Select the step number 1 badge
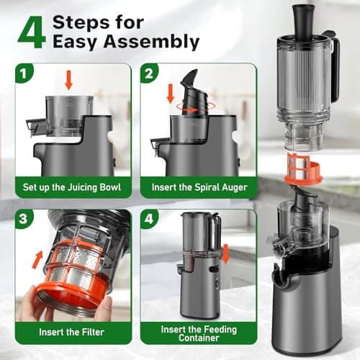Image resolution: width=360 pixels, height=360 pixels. (25, 73)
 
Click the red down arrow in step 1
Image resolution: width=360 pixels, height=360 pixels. (68, 79)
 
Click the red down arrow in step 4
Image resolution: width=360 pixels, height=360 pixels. (225, 254)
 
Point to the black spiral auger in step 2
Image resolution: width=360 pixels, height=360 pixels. (189, 100)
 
